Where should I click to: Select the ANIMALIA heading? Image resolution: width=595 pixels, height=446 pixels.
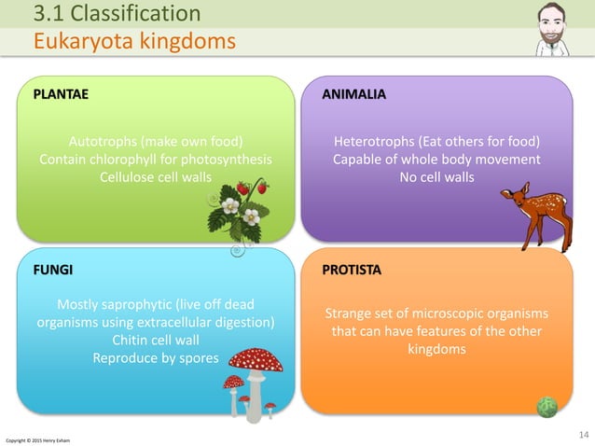pos(353,94)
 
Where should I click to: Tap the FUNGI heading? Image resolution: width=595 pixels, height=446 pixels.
pos(53,269)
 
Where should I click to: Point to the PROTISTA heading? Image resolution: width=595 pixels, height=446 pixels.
pos(352,269)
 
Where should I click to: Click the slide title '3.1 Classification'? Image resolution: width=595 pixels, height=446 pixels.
pos(117,13)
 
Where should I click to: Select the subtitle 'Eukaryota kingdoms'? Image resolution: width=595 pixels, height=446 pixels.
pos(134,41)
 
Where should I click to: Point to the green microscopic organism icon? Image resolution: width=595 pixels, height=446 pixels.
pos(547,406)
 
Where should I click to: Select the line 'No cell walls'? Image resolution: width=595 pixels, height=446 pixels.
pos(436,176)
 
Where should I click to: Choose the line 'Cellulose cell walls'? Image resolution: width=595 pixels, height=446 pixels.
pos(156,176)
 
